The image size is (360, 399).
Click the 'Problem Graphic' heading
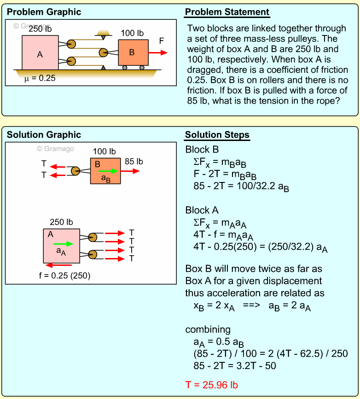click(x=44, y=12)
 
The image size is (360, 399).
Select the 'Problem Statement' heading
click(x=227, y=12)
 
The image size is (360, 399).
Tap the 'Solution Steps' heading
click(x=217, y=135)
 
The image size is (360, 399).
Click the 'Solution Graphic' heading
click(x=44, y=135)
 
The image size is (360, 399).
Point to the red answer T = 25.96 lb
click(x=211, y=385)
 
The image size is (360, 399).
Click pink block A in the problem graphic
click(x=40, y=53)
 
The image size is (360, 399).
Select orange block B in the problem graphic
click(x=133, y=52)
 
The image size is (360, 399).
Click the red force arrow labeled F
click(x=158, y=53)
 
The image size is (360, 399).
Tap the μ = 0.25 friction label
click(x=40, y=78)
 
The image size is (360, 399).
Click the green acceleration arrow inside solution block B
click(x=108, y=171)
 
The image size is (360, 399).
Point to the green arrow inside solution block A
click(x=63, y=244)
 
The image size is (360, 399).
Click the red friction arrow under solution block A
click(x=59, y=265)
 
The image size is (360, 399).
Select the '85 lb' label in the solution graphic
click(x=134, y=162)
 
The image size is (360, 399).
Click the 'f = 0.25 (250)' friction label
click(x=64, y=276)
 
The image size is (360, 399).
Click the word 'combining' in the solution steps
click(x=208, y=329)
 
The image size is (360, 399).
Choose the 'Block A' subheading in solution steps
click(x=202, y=210)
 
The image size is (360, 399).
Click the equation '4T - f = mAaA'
click(x=223, y=235)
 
